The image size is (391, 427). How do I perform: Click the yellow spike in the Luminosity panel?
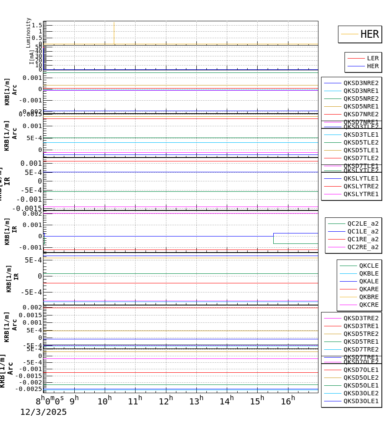click(x=114, y=33)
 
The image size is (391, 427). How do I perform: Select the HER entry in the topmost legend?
click(x=369, y=34)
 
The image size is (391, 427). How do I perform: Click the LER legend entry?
click(x=372, y=58)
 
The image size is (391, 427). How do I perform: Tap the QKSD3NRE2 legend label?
click(x=361, y=83)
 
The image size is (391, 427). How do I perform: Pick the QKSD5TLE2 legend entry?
click(x=361, y=142)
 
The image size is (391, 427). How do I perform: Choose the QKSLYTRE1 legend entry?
click(x=361, y=194)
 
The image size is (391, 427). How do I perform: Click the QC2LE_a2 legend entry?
click(x=363, y=223)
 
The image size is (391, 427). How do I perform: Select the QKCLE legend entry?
click(x=368, y=266)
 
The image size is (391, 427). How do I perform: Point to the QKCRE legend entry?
click(x=368, y=305)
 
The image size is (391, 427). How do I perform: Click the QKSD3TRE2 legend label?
click(x=361, y=318)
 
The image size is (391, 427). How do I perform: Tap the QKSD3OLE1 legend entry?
click(x=361, y=401)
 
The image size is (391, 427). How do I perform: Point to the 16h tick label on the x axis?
click(x=288, y=401)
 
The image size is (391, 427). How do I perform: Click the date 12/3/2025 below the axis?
click(x=43, y=412)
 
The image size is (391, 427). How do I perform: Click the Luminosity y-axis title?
click(x=29, y=32)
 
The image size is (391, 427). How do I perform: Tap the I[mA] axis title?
click(x=32, y=57)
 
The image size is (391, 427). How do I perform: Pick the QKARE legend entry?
click(x=368, y=289)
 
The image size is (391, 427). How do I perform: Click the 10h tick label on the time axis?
click(x=105, y=401)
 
